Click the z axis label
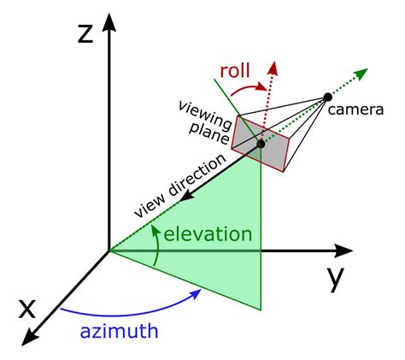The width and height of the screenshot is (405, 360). [x=85, y=34]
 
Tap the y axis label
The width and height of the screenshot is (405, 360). [x=335, y=280]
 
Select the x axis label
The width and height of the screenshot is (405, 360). [x=27, y=310]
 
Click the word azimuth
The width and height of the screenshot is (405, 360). [x=119, y=331]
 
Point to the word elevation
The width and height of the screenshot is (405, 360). [x=208, y=234]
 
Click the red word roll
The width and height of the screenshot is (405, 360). [x=235, y=70]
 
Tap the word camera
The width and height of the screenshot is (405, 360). [x=355, y=109]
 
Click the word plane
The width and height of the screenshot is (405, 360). [x=209, y=133]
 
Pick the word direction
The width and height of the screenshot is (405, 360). [x=197, y=176]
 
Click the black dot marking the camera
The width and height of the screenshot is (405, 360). [x=328, y=97]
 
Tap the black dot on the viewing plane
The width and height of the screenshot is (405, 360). [x=261, y=144]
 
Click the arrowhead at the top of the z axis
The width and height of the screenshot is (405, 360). [x=109, y=22]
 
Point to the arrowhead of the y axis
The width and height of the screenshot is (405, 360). [x=343, y=251]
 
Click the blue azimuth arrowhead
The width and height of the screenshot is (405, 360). [x=197, y=293]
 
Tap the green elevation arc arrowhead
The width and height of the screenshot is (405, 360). [x=155, y=230]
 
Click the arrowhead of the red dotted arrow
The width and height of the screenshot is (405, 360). [x=273, y=68]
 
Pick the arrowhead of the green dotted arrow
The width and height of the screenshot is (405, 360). [x=362, y=73]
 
